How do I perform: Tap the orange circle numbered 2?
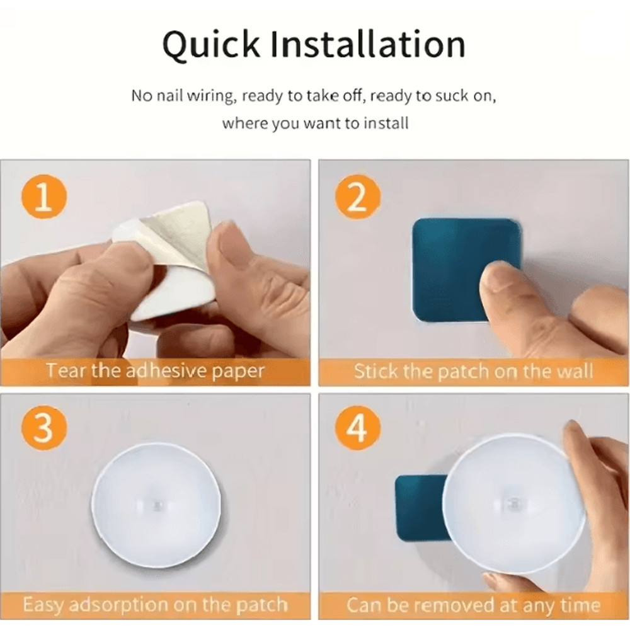tap(357, 199)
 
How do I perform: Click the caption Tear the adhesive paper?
tap(154, 370)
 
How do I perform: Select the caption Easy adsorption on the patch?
tap(154, 605)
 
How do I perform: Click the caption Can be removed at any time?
tap(473, 605)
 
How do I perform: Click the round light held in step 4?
tap(513, 504)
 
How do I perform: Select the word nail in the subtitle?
tap(170, 96)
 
